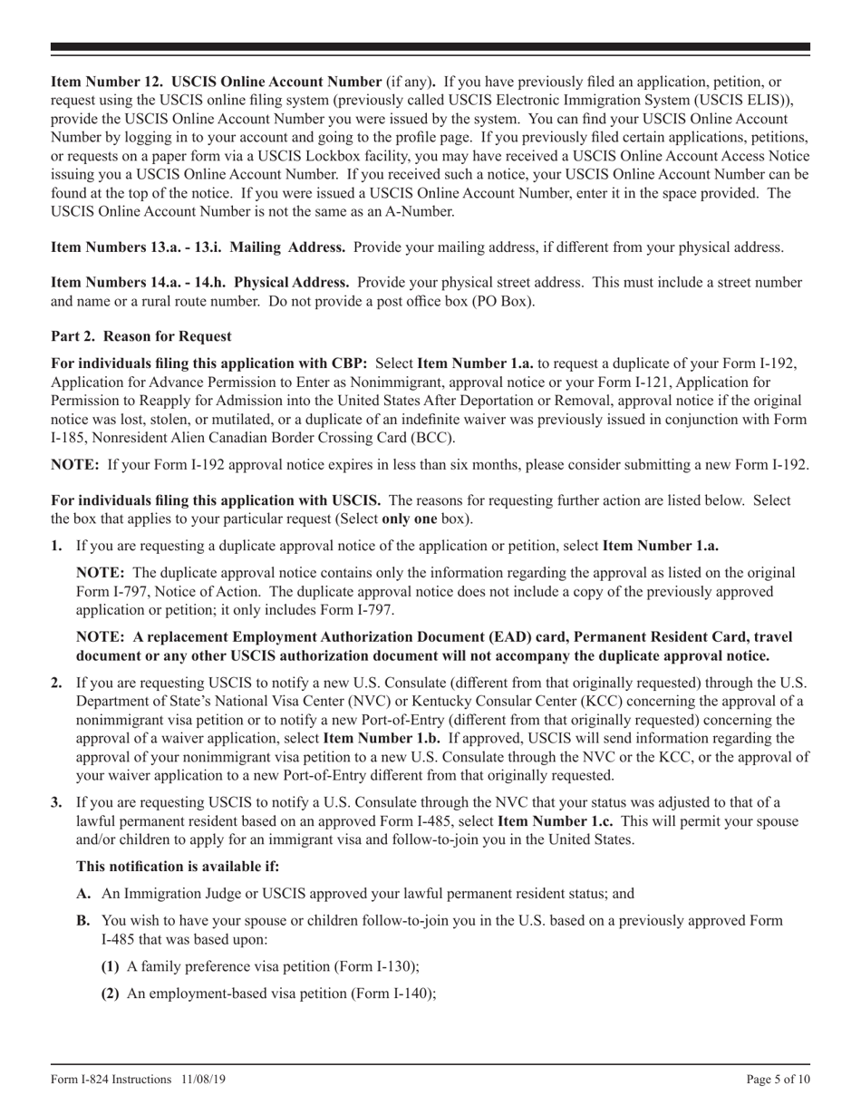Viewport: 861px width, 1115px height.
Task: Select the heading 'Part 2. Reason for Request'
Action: pos(140,336)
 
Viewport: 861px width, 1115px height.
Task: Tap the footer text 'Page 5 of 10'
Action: pos(778,1079)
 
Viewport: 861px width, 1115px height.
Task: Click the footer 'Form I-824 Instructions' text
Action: pos(111,1079)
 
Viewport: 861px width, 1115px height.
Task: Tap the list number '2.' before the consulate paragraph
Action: pos(57,682)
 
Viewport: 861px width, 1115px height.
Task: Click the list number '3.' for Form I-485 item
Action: pos(57,802)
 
